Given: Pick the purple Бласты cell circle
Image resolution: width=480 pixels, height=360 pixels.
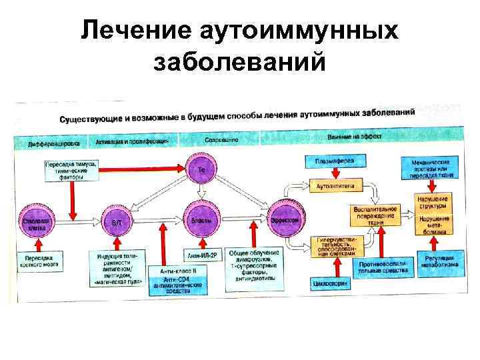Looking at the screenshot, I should [201, 219].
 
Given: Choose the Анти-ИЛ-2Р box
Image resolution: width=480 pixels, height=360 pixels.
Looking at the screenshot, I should [201, 255].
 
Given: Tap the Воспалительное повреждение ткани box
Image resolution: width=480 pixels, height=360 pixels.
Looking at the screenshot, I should [376, 215].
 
